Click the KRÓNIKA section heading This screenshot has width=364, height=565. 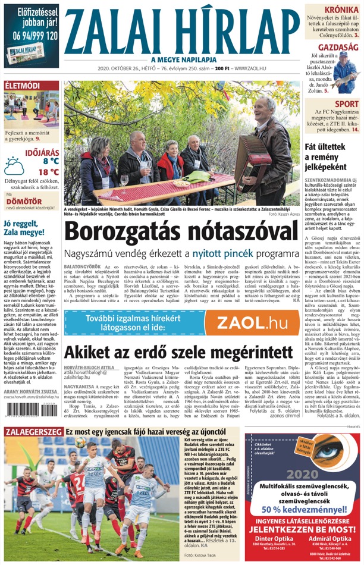coord(341,10)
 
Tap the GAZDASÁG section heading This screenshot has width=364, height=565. coord(337,47)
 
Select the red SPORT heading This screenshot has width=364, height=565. coord(347,104)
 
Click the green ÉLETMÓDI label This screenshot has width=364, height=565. coord(22,86)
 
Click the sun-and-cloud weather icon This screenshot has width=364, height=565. coord(15,165)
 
